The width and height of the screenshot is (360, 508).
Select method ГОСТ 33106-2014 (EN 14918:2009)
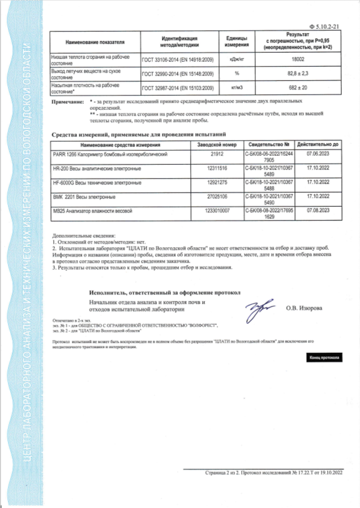tap(177, 59)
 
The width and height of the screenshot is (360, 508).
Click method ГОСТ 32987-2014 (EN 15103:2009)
tap(177, 88)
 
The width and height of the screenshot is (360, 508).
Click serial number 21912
tap(218, 154)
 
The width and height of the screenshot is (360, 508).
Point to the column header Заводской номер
tap(218, 144)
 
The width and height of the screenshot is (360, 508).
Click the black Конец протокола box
tap(323, 358)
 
